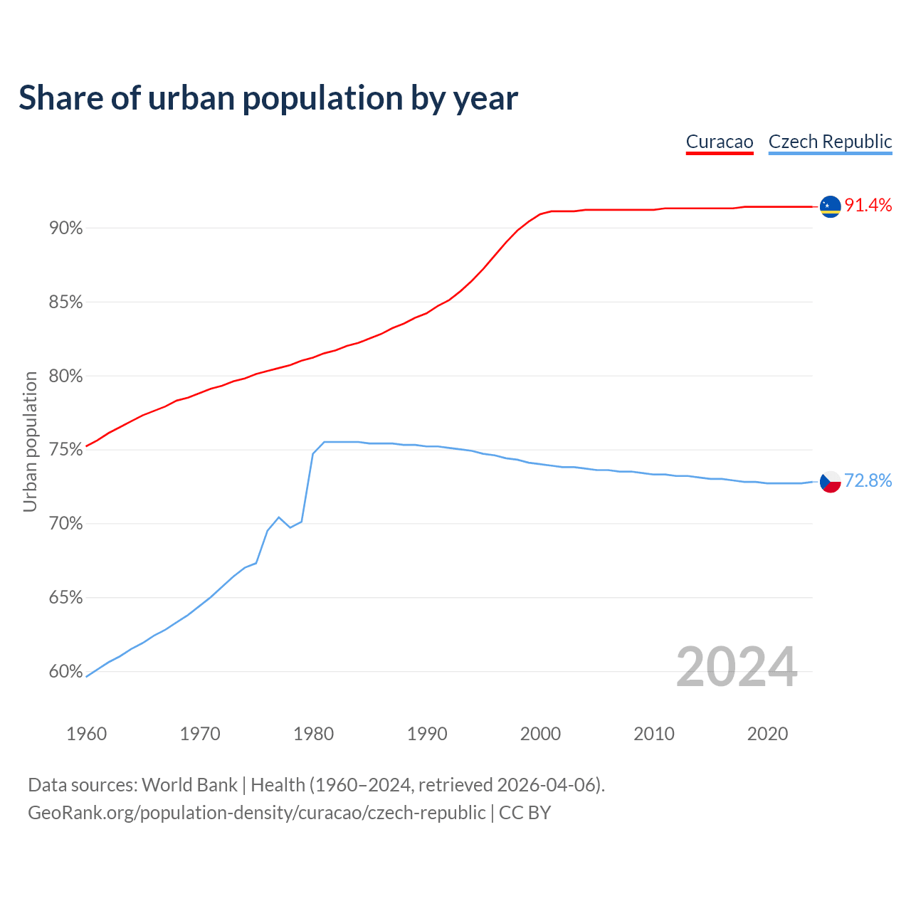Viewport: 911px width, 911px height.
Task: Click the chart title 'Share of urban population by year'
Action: pyautogui.click(x=268, y=98)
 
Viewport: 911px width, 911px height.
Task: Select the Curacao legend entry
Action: pyautogui.click(x=720, y=142)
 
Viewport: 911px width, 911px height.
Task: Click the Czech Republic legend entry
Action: pyautogui.click(x=830, y=142)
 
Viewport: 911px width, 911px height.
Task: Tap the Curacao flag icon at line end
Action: pyautogui.click(x=831, y=206)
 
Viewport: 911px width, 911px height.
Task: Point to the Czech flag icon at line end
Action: pyautogui.click(x=831, y=482)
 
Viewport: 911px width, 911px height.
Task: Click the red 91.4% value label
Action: pyautogui.click(x=868, y=206)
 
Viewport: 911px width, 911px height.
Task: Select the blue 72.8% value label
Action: pyautogui.click(x=868, y=481)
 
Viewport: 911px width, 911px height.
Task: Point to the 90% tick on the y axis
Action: pyautogui.click(x=65, y=228)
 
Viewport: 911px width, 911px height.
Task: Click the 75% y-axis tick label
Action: pyautogui.click(x=65, y=450)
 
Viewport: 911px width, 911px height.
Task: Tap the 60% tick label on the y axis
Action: pyautogui.click(x=65, y=672)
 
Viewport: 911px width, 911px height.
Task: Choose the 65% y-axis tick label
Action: pyautogui.click(x=65, y=598)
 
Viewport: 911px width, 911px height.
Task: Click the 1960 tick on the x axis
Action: pyautogui.click(x=86, y=734)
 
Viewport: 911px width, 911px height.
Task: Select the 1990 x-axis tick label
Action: pyautogui.click(x=427, y=734)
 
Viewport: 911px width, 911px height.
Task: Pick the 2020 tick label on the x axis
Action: pyautogui.click(x=767, y=734)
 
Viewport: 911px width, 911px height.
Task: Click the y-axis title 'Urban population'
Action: pyautogui.click(x=30, y=442)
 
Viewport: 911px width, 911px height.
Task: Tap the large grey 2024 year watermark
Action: pyautogui.click(x=737, y=668)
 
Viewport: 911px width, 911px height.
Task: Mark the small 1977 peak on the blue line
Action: pyautogui.click(x=279, y=517)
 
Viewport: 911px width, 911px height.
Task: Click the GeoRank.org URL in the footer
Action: pyautogui.click(x=256, y=813)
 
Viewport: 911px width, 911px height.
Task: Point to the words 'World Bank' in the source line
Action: pyautogui.click(x=189, y=785)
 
